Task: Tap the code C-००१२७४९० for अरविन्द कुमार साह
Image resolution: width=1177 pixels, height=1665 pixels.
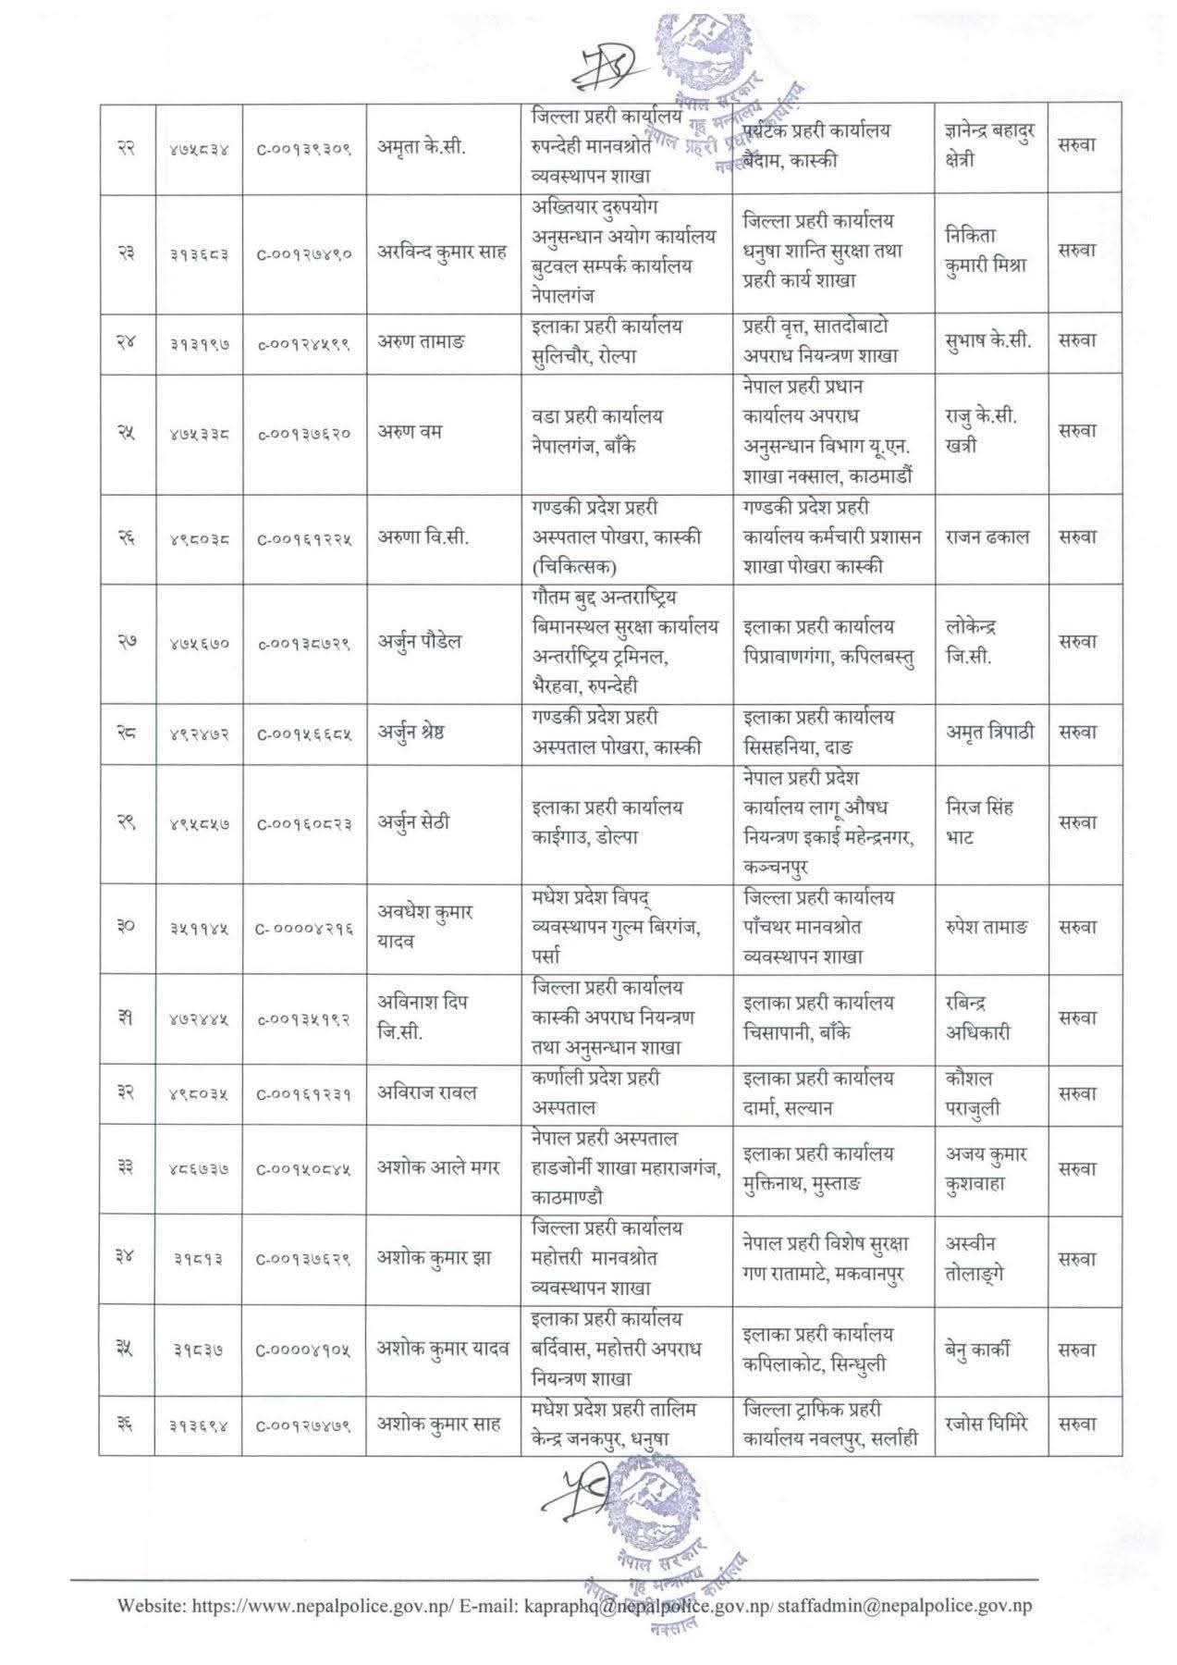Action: [304, 253]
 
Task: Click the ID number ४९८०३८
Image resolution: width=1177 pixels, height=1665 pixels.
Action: [199, 537]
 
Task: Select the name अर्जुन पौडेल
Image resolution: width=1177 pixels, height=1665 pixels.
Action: [419, 642]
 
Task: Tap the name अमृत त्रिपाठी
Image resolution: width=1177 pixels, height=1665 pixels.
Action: [989, 732]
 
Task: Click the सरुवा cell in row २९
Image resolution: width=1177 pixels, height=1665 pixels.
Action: [1077, 822]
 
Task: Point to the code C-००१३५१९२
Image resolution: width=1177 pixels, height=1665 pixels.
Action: [304, 1018]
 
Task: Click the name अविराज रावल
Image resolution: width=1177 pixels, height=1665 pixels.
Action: [426, 1092]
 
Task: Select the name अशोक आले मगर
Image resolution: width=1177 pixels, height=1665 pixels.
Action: [438, 1167]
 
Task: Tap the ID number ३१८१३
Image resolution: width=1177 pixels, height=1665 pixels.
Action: [199, 1258]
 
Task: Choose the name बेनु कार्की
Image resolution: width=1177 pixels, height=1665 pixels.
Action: [977, 1349]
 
